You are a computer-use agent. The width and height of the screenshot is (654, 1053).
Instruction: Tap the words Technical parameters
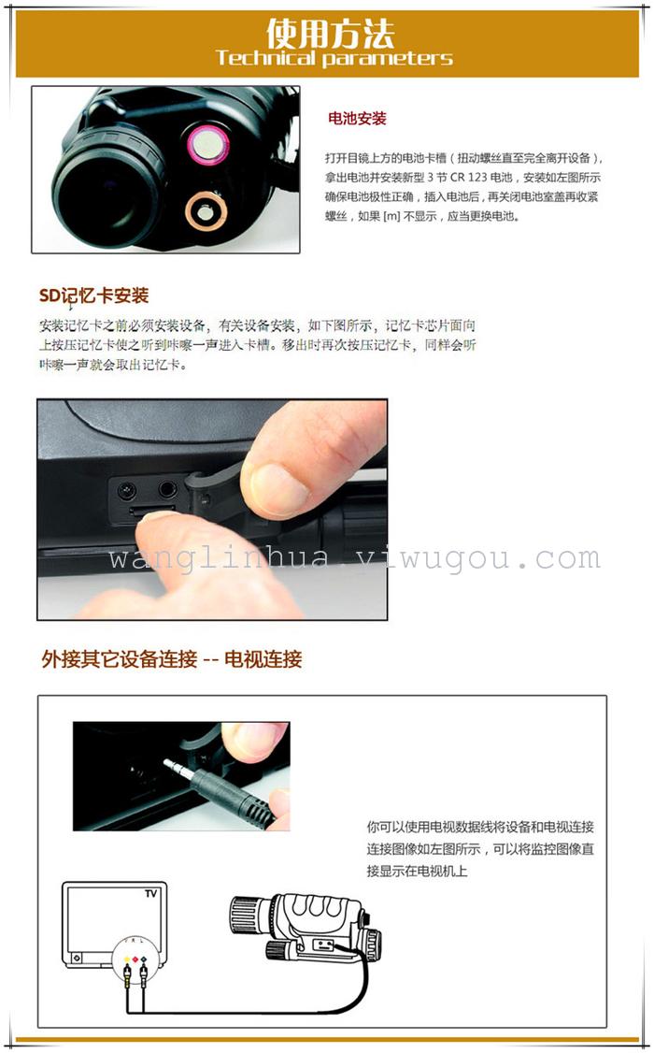pyautogui.click(x=334, y=58)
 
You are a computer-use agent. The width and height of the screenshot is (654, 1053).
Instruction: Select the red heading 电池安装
pyautogui.click(x=357, y=119)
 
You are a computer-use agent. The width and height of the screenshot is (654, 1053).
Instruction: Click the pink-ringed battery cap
pyautogui.click(x=207, y=144)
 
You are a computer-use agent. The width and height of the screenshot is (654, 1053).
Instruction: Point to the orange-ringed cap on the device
pyautogui.click(x=206, y=211)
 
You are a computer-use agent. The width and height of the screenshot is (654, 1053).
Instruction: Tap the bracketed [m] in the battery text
pyautogui.click(x=391, y=216)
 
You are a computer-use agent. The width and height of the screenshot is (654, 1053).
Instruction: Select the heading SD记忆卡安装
pyautogui.click(x=93, y=296)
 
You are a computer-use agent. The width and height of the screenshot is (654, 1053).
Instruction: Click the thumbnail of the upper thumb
pyautogui.click(x=279, y=487)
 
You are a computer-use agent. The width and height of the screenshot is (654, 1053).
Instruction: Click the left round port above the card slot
pyautogui.click(x=127, y=490)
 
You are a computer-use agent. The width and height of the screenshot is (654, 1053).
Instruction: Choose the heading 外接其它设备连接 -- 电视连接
pyautogui.click(x=172, y=658)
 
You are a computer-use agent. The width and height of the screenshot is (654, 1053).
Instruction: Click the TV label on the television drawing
pyautogui.click(x=151, y=893)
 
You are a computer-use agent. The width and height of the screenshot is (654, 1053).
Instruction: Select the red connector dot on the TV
pyautogui.click(x=135, y=959)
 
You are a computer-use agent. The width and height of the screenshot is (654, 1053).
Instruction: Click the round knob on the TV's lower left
pyautogui.click(x=77, y=958)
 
